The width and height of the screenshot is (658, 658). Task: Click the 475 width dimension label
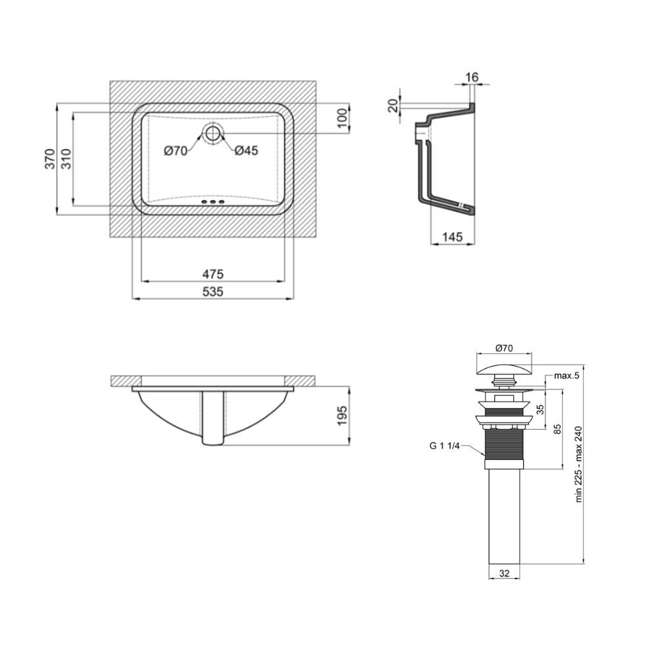(x=213, y=274)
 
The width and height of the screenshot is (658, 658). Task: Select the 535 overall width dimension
(x=213, y=291)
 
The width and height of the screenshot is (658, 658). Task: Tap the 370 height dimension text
(x=51, y=159)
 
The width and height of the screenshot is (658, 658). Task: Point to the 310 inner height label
(x=66, y=159)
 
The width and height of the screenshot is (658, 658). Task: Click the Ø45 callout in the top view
(x=246, y=150)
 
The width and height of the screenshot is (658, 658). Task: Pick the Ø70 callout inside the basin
(x=176, y=150)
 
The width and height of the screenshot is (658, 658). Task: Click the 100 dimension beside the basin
(x=342, y=118)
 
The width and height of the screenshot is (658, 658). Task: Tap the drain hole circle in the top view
(x=213, y=133)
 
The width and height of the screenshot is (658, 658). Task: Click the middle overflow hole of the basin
(x=213, y=203)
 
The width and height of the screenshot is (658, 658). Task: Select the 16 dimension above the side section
(x=472, y=77)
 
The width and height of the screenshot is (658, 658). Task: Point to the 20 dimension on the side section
(x=393, y=105)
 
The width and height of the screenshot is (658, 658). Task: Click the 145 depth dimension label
(x=453, y=237)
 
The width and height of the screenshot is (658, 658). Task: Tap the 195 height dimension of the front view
(x=342, y=415)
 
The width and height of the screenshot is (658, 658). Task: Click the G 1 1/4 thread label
(x=444, y=445)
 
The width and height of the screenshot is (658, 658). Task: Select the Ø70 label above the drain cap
(x=504, y=348)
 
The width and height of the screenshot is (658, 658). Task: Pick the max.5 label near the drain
(x=567, y=376)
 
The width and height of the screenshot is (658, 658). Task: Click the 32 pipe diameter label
(x=505, y=573)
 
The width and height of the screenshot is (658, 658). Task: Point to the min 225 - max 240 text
(x=579, y=464)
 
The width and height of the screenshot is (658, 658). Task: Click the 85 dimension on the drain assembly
(x=557, y=429)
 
